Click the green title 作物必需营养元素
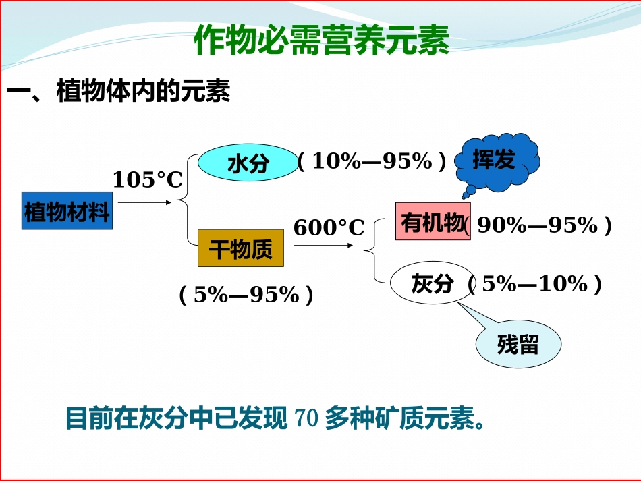coord(321,40)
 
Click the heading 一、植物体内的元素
coord(119,92)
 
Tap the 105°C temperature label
coord(148,180)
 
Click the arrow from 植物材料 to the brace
coord(146,202)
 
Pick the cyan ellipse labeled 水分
coord(248,163)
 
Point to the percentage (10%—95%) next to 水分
coord(372,161)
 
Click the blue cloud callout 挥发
coord(496,161)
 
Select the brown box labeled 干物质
coord(240,249)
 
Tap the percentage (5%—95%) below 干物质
coord(246,295)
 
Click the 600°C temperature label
coord(329,228)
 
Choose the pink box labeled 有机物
coord(433,221)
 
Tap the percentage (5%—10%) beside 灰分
coord(535,284)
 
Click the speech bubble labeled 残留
coord(518,345)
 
